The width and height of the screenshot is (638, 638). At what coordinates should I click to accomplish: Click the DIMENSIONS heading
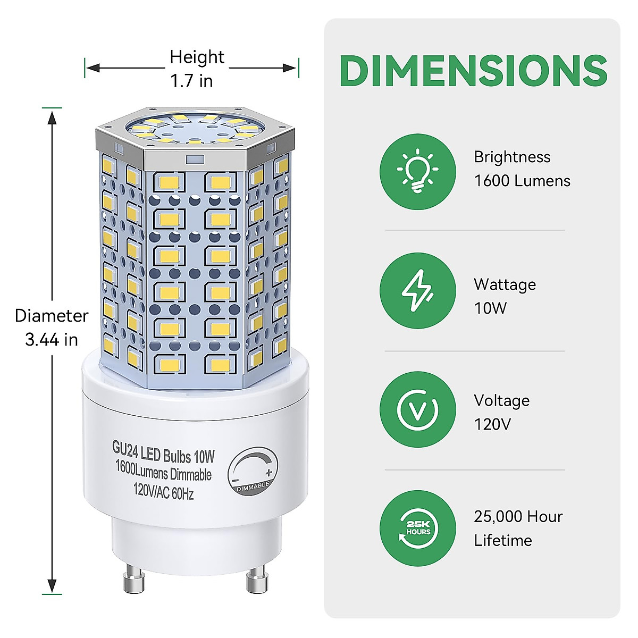pos(473,70)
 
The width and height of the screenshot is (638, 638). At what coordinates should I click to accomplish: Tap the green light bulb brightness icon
pos(418,171)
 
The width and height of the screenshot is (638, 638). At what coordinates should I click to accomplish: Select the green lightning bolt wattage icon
pos(418,290)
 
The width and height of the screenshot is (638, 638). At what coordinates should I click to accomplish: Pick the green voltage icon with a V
pos(418,409)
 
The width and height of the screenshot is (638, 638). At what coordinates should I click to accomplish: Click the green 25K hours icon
pos(418,528)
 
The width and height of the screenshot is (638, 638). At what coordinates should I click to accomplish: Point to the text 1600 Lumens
pos(522,181)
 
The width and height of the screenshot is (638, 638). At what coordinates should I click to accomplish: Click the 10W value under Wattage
pos(490,308)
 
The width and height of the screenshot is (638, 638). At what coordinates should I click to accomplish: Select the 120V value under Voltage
pos(492,424)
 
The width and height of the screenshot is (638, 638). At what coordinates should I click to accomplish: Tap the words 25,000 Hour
pos(518,516)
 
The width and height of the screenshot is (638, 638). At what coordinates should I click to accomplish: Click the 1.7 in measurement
pos(191,81)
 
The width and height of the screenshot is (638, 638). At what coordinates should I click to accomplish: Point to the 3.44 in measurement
pos(52,339)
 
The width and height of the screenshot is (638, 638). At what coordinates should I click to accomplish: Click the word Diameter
pos(52,315)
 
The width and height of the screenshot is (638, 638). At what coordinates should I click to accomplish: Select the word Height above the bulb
pos(197,57)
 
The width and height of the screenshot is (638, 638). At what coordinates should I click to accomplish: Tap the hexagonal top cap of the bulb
pos(195,133)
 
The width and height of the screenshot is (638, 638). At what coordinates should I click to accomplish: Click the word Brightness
pos(512,157)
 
